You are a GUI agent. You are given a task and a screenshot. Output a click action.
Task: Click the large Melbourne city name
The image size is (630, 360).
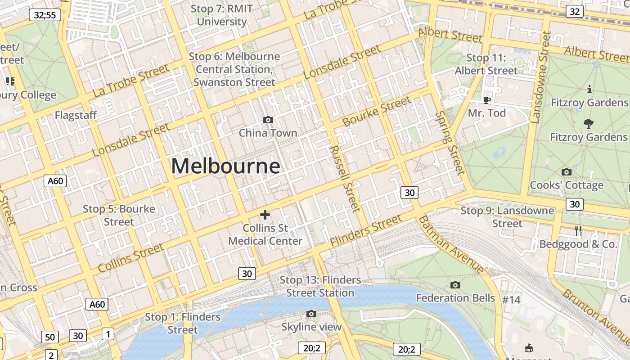[225, 166]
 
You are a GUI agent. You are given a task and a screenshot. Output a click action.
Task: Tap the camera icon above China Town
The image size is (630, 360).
[268, 120]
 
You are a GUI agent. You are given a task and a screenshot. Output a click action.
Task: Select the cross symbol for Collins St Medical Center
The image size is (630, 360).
[265, 215]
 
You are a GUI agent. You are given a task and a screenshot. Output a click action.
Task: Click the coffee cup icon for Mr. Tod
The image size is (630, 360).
[486, 99]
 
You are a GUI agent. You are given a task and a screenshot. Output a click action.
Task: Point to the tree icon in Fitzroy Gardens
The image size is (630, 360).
[588, 123]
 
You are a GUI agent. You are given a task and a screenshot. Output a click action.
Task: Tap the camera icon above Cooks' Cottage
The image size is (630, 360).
[567, 172]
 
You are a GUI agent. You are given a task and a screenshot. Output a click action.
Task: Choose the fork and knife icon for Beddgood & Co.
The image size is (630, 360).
[578, 231]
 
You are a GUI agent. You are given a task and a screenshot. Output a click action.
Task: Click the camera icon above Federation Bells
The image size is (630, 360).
[455, 285]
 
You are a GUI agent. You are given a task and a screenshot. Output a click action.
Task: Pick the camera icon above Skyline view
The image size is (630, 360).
[311, 314]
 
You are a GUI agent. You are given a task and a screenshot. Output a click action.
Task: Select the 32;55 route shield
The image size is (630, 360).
[45, 15]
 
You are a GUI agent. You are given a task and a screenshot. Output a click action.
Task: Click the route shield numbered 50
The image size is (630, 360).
[50, 337]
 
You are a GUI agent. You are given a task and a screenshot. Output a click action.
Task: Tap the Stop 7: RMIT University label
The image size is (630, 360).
[222, 15]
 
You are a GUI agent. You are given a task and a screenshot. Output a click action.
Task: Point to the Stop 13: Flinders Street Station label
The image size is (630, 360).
[320, 286]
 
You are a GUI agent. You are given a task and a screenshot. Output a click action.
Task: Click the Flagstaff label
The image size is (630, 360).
[76, 115]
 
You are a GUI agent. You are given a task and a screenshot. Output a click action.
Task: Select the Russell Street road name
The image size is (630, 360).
[345, 179]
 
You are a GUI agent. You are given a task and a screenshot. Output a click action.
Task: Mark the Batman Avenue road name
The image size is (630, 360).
[451, 245]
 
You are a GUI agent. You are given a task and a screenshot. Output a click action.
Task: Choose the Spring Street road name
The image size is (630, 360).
[450, 143]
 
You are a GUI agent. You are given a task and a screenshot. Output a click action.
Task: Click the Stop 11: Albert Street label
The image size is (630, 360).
[486, 64]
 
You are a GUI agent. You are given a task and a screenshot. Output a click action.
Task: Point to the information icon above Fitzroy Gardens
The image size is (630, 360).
[589, 89]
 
